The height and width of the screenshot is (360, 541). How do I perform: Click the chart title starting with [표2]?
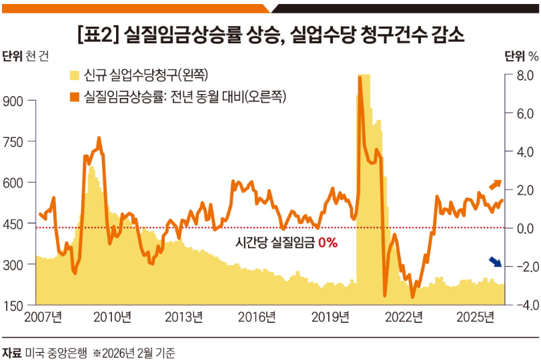tap(270, 34)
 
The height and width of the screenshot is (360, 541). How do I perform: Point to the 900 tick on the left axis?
tap(14, 101)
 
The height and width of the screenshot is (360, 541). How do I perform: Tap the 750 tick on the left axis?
tap(14, 142)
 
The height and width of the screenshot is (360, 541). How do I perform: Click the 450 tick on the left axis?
tap(14, 224)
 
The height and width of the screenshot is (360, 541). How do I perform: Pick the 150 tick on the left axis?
tap(14, 306)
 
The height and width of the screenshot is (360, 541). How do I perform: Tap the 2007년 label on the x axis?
tap(43, 317)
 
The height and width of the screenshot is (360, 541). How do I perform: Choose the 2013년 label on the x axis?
tap(184, 317)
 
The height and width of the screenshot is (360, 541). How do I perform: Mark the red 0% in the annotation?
tap(328, 243)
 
